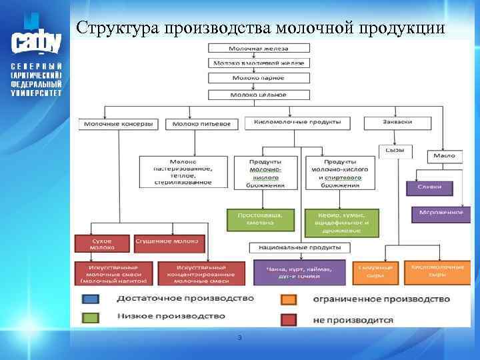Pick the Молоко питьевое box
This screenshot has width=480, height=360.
[201, 124]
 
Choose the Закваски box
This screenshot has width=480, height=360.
[397, 122]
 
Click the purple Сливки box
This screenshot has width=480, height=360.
[429, 187]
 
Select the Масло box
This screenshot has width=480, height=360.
[444, 155]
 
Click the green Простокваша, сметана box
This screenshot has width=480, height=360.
[261, 220]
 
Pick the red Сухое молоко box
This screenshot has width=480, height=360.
[103, 243]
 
